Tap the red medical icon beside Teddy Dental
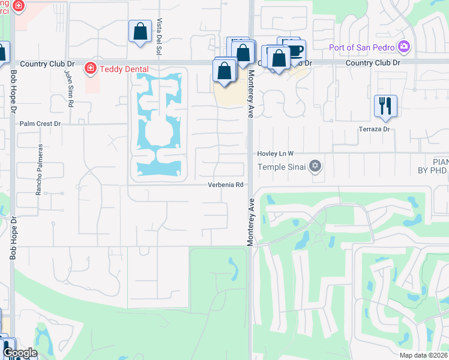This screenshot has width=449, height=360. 91,69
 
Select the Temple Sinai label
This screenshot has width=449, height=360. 282,167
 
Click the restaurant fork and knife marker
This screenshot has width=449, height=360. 385,106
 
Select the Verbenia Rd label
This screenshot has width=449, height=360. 226,185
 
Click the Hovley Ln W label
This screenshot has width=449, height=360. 276,154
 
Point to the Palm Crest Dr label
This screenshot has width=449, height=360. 40,124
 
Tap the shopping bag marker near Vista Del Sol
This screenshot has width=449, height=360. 140,31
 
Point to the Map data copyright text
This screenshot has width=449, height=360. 424,355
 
